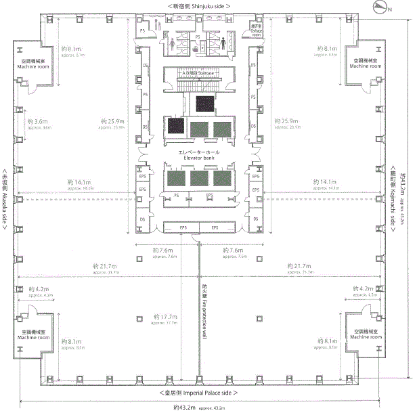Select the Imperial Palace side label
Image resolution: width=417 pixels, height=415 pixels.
click(198, 393)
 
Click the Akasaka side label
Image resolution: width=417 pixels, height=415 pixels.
click(5, 200)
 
